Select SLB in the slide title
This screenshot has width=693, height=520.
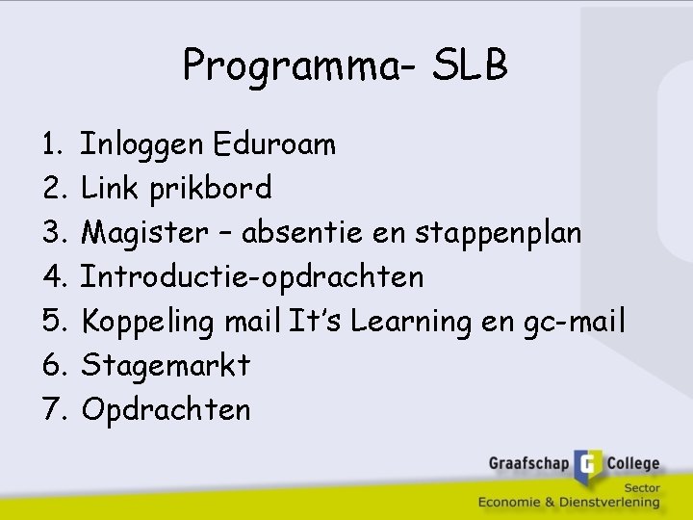click(x=471, y=65)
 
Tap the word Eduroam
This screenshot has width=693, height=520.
click(x=275, y=144)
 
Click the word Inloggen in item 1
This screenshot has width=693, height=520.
click(x=142, y=144)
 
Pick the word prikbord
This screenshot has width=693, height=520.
click(x=211, y=188)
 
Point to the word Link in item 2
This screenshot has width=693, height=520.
click(x=112, y=188)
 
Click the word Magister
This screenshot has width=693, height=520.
click(x=144, y=232)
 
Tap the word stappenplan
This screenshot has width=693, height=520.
click(x=500, y=232)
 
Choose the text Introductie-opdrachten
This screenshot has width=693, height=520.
click(x=252, y=277)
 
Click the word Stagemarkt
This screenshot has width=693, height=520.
click(x=166, y=365)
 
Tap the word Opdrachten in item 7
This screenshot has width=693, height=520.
click(x=166, y=409)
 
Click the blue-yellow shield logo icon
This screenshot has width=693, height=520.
click(x=588, y=466)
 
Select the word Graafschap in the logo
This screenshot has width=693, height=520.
click(x=528, y=463)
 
